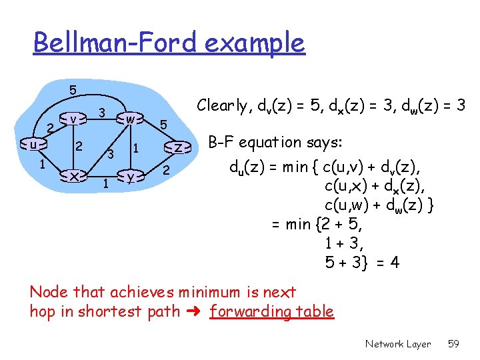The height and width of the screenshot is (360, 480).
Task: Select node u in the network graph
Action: [x=33, y=144]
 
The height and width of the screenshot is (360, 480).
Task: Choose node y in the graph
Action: [x=131, y=176]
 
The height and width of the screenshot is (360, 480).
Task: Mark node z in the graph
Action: [x=178, y=147]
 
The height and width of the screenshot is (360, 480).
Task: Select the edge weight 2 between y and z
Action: [x=167, y=171]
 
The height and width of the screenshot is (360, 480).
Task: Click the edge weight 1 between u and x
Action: [x=41, y=163]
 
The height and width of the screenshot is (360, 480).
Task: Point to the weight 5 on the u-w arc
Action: [x=73, y=89]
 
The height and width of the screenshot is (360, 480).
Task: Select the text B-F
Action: [x=221, y=142]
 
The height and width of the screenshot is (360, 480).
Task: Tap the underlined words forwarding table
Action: [x=271, y=311]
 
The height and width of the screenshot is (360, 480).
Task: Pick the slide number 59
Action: [x=454, y=344]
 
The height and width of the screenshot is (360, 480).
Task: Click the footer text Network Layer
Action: [x=398, y=344]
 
